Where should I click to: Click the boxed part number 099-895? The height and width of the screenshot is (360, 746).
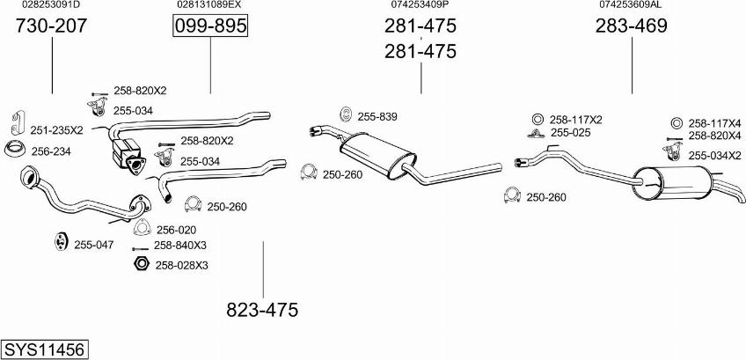(x=209, y=26)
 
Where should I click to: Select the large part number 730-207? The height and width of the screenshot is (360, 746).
(x=51, y=26)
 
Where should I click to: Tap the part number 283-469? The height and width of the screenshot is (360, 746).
(x=632, y=26)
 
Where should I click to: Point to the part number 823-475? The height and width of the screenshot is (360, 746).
(x=262, y=310)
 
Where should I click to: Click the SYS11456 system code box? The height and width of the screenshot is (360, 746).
(x=45, y=349)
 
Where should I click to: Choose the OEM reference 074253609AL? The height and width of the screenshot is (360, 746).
(x=631, y=4)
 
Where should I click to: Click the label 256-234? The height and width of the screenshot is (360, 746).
(x=50, y=151)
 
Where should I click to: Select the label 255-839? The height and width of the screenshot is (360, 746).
(x=377, y=117)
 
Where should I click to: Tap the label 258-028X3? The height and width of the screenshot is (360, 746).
(x=181, y=265)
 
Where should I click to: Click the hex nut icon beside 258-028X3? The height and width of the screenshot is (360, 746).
(x=141, y=263)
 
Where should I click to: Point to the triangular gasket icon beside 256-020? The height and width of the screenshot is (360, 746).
(x=142, y=228)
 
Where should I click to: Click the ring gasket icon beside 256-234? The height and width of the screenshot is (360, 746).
(x=15, y=149)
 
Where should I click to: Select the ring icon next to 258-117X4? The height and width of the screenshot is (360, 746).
(x=676, y=123)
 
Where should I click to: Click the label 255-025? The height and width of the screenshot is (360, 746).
(x=570, y=133)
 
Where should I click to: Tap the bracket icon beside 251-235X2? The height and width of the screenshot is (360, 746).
(x=18, y=123)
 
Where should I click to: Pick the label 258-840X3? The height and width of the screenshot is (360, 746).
(x=179, y=246)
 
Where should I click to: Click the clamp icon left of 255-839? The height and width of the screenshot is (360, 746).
(x=346, y=114)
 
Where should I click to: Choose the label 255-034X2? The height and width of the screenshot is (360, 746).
(x=714, y=156)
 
